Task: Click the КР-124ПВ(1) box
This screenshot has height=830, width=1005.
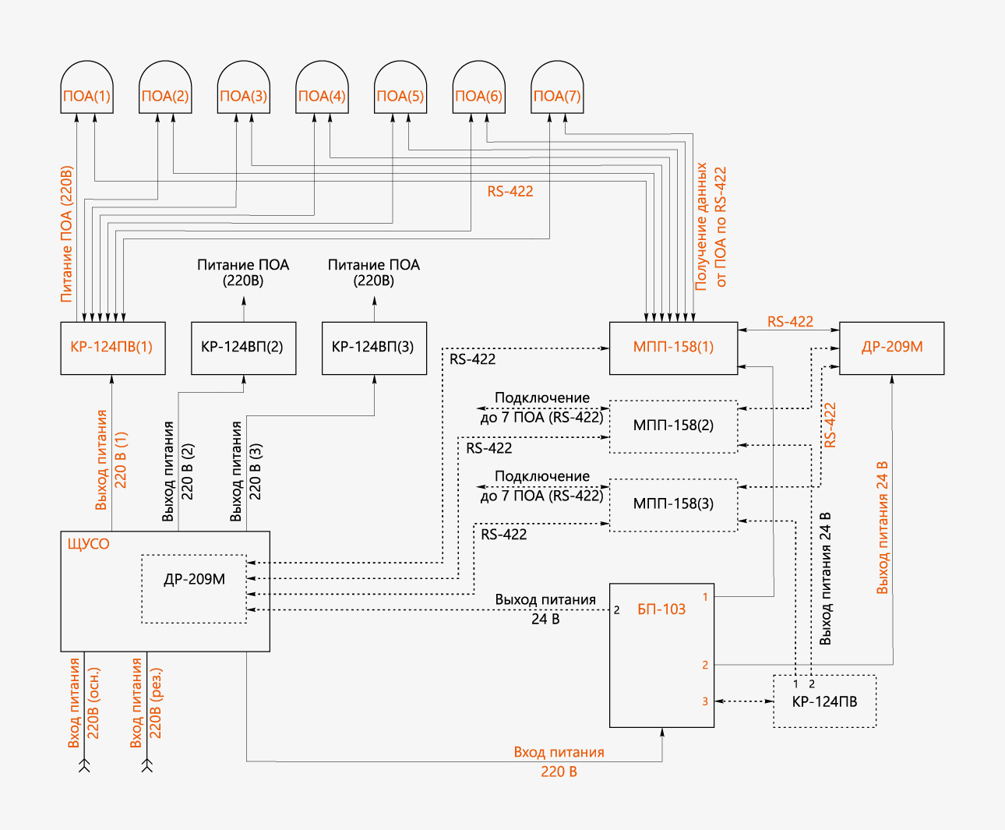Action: pyautogui.click(x=113, y=348)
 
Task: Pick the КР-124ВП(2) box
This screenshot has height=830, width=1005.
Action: pyautogui.click(x=243, y=348)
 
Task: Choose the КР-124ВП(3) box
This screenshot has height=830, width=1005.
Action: pyautogui.click(x=374, y=348)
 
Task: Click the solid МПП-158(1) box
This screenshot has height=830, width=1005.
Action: pyautogui.click(x=673, y=348)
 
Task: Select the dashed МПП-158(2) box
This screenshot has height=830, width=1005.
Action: pyautogui.click(x=673, y=426)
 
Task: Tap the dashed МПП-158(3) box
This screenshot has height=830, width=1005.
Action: pyautogui.click(x=673, y=504)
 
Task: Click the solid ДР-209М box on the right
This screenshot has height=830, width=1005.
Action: pyautogui.click(x=891, y=348)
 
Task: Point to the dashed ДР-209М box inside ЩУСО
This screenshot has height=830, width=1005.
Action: pyautogui.click(x=194, y=588)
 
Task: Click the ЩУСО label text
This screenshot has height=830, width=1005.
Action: pyautogui.click(x=89, y=544)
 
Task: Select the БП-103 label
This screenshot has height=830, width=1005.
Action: pyautogui.click(x=661, y=609)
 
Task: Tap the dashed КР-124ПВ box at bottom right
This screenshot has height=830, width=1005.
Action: pyautogui.click(x=824, y=701)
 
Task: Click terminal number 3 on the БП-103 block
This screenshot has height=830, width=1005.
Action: pyautogui.click(x=705, y=701)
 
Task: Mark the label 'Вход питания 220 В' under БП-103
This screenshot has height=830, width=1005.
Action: pyautogui.click(x=559, y=762)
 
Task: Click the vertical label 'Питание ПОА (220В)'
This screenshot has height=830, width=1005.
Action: pyautogui.click(x=66, y=234)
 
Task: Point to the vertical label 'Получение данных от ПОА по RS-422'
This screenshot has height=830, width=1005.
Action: pyautogui.click(x=711, y=226)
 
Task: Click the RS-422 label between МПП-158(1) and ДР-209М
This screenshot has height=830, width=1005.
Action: pyautogui.click(x=790, y=322)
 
